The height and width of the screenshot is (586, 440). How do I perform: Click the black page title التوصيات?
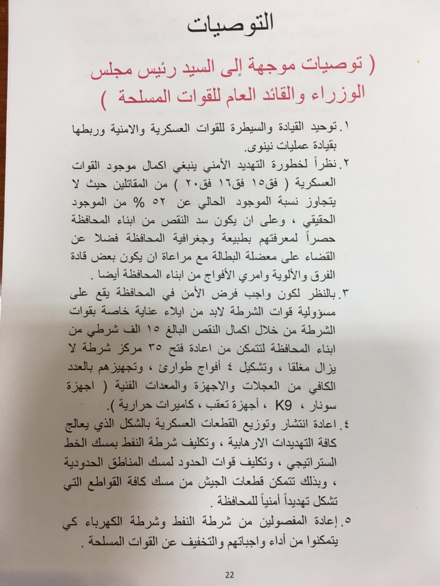pos(230,24)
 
